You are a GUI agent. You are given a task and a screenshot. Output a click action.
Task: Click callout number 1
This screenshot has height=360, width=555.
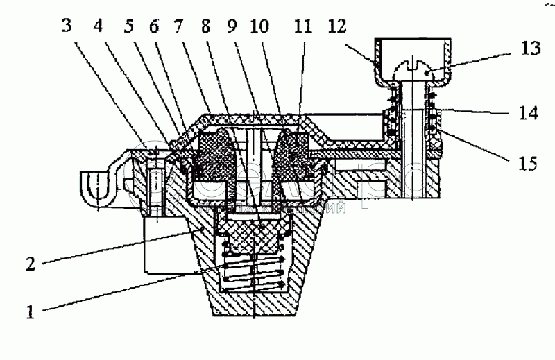click(30, 311)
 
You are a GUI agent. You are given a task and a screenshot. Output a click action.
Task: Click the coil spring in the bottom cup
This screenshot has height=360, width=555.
click(253, 271)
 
